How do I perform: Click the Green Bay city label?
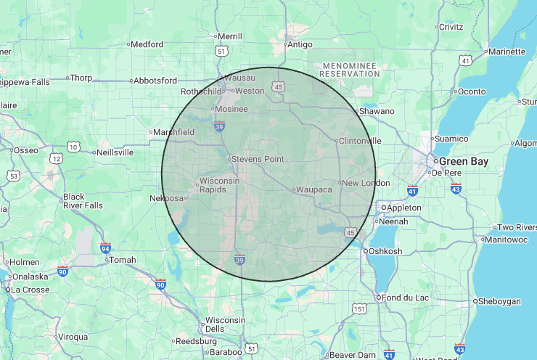pyautogui.click(x=461, y=161)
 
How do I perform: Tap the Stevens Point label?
pyautogui.click(x=258, y=158)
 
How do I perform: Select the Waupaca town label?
pyautogui.click(x=314, y=189)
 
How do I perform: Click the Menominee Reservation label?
pyautogui.click(x=351, y=70)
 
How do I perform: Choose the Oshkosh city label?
pyautogui.click(x=385, y=251)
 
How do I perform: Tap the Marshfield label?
pyautogui.click(x=173, y=132)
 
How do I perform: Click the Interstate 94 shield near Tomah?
pyautogui.click(x=105, y=248)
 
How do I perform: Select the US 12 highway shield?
pyautogui.click(x=56, y=157)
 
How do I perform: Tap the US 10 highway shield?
pyautogui.click(x=73, y=147)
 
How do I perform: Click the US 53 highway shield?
pyautogui.click(x=12, y=176)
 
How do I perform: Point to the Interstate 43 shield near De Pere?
pyautogui.click(x=456, y=189)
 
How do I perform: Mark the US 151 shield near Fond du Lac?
pyautogui.click(x=358, y=309)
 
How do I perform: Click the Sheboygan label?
pyautogui.click(x=500, y=300)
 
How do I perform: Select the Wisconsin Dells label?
pyautogui.click(x=225, y=324)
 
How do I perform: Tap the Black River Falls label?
pyautogui.click(x=83, y=201)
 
